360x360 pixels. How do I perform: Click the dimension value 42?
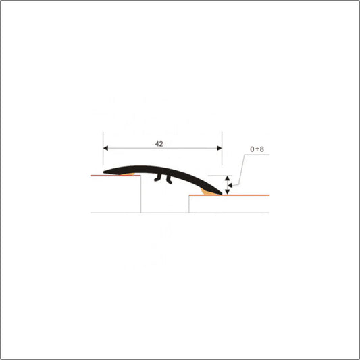(x=159, y=144)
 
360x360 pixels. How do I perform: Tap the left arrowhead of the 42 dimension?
(x=106, y=149)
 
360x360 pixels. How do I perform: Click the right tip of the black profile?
(x=222, y=193)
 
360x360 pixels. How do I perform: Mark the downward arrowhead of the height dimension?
(x=228, y=190)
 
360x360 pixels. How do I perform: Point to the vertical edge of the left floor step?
(x=140, y=195)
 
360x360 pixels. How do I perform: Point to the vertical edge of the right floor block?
(x=188, y=204)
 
